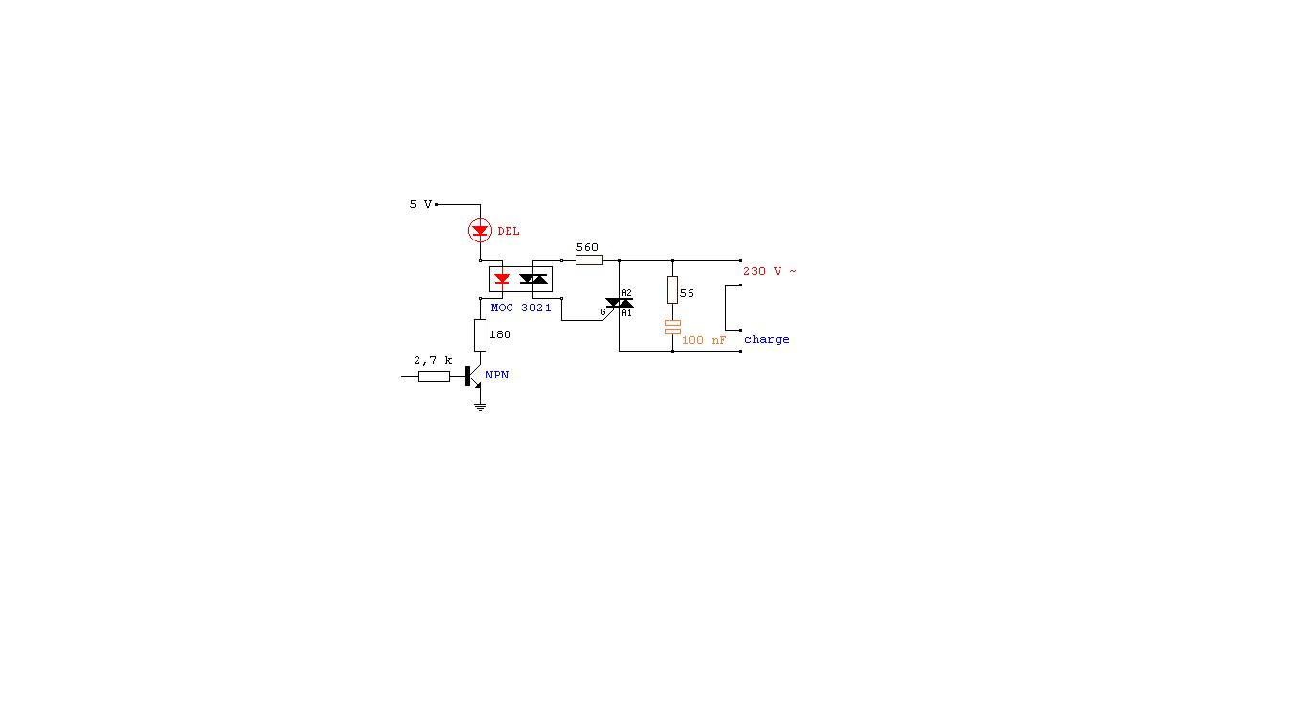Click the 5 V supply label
coord(420,204)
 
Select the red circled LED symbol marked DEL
coord(480,230)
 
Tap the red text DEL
coord(509,231)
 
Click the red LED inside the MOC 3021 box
coord(501,279)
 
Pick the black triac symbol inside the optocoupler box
coord(533,279)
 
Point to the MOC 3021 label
coord(521,308)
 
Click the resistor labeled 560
coord(589,260)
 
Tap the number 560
coord(587,247)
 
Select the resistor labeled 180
coord(480,334)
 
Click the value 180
coord(500,334)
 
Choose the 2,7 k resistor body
coord(434,377)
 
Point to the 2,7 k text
coord(433,360)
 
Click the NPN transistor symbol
coord(472,377)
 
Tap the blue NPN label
coord(497,375)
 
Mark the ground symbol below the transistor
coord(480,407)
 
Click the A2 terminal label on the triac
coord(627,293)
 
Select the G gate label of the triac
coord(603,311)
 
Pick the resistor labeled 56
coord(672,293)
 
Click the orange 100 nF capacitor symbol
coord(672,328)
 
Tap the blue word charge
coord(767,339)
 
